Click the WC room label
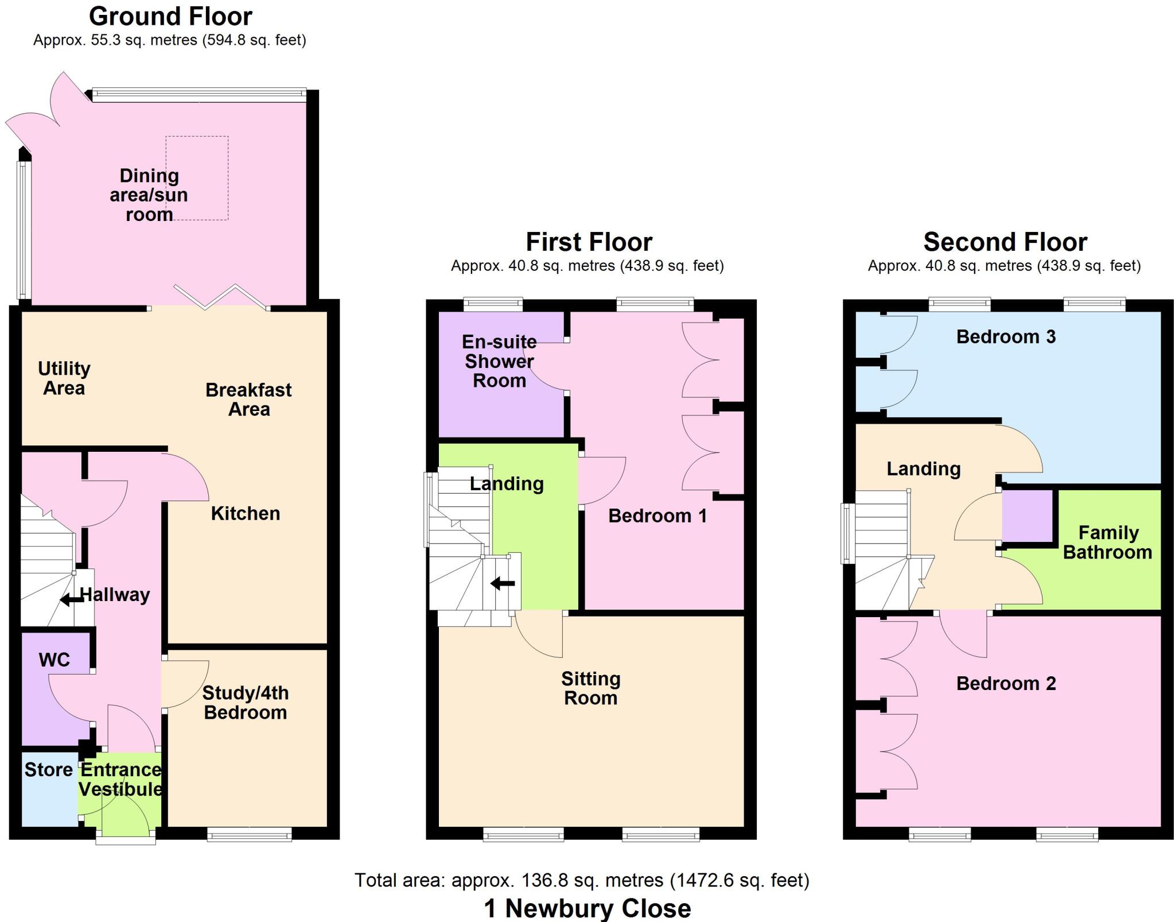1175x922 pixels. pos(55,660)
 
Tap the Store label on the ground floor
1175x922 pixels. pos(48,769)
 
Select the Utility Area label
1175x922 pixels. pos(64,378)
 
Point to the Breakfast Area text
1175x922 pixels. pos(248,400)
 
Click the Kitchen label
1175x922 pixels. pos(246,513)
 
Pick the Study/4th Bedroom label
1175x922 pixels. pos(246,703)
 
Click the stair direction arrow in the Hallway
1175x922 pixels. pos(71,600)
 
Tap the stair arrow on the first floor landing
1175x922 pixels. pos(503,584)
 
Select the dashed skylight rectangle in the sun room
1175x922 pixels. pos(197,178)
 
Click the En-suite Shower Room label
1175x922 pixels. pos(499,361)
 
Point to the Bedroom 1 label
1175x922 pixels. pos(657,516)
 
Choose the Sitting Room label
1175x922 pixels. pos(591,688)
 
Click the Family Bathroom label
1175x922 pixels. pos(1108,543)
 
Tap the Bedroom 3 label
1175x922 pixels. pos(1006,336)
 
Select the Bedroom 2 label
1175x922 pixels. pos(1006,683)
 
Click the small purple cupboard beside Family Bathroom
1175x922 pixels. pos(1027,515)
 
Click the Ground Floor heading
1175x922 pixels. pos(170,17)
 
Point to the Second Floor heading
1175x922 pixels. pos(1005,242)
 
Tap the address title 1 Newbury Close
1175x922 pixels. pos(587,908)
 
